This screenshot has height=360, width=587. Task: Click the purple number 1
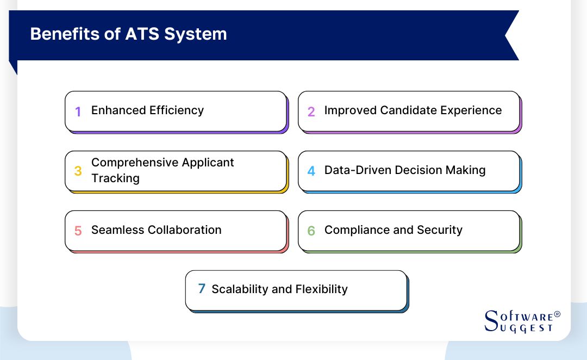coord(78,111)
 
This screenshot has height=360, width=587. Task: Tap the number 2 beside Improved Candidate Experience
coord(311,111)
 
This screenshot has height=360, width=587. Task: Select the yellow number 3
coord(78,171)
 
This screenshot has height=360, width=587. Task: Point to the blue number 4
coord(311,171)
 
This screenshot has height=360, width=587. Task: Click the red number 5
coord(78,231)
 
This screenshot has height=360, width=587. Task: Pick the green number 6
coord(311,231)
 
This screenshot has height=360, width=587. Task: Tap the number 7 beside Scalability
coord(202,289)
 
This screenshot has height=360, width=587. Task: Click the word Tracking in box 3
coord(115,178)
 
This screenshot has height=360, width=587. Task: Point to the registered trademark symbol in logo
coord(557,314)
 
